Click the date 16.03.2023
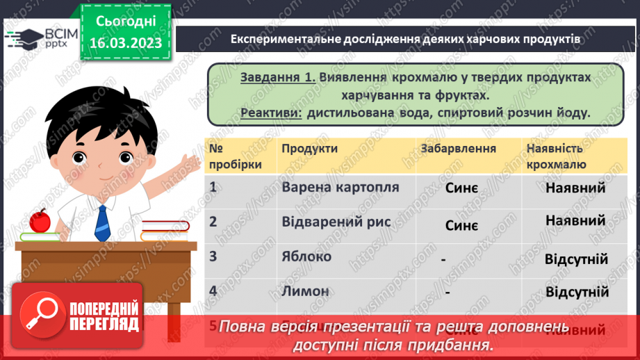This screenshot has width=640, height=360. [125, 43]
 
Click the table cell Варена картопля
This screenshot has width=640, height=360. [340, 187]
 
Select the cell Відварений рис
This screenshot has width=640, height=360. [336, 222]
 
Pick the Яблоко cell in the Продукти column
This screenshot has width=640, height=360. [307, 256]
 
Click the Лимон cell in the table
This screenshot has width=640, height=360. [306, 291]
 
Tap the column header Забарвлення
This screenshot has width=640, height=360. [458, 148]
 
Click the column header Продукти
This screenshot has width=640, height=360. [310, 148]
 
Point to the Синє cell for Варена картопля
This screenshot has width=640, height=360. [461, 189]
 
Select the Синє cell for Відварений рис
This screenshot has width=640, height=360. [461, 226]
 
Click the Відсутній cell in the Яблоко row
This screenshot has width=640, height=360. [577, 259]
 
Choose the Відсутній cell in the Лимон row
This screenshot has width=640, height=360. [577, 292]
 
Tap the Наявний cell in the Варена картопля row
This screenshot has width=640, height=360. [575, 188]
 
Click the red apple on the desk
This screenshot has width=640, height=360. [40, 220]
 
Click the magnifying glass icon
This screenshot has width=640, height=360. [40, 315]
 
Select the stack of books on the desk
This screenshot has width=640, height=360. [165, 229]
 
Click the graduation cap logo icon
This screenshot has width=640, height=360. [23, 38]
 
